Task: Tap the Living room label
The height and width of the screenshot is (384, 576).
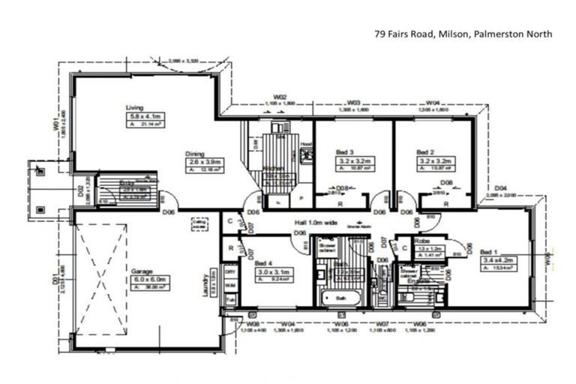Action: [134, 107]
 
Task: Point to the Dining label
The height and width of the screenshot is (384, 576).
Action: [195, 154]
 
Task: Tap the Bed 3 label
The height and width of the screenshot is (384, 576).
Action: [343, 152]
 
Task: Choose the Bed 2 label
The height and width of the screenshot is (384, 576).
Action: [425, 152]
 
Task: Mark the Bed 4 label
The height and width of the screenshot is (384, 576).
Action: [262, 263]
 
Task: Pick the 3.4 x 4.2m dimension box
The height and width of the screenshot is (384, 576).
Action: [498, 260]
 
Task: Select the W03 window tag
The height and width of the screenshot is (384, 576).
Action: [354, 102]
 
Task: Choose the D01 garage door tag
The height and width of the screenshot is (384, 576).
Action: [55, 280]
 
